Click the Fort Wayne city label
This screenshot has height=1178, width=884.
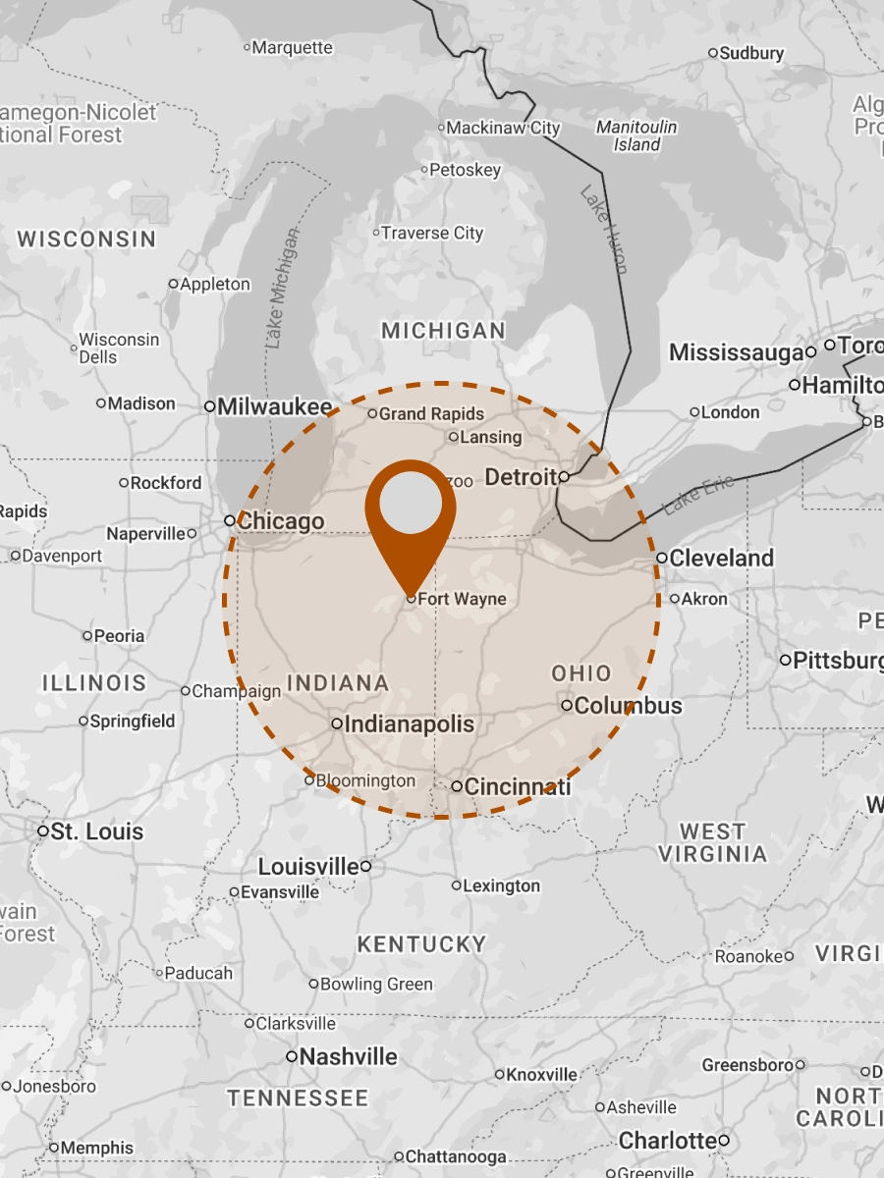coord(462,599)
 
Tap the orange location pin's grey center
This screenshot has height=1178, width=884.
coord(411,506)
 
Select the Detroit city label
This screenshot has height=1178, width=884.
coord(521,477)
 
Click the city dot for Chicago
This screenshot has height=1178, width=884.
coord(230,520)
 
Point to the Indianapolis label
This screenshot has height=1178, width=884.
coord(409,724)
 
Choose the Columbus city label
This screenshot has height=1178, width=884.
coord(628,706)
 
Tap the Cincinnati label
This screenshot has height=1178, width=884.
coord(517,786)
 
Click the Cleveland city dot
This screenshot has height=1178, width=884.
coord(663,558)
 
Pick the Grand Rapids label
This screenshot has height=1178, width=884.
coord(431,414)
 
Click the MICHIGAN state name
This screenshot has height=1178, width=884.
coord(443,331)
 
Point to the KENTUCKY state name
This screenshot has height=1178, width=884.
coord(421,944)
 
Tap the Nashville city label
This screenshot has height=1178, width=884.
coord(348,1057)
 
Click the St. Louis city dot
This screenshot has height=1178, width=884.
coord(43,830)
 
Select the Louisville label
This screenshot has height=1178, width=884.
coord(308,867)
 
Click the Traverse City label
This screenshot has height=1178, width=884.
coord(432,233)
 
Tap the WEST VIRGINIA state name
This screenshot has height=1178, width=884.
coord(712,843)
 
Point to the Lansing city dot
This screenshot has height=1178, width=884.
coord(454,437)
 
